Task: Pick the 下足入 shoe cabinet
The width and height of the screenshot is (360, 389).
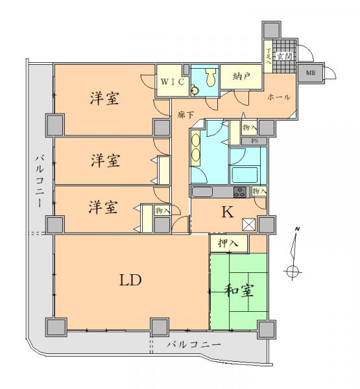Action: (x=269, y=55)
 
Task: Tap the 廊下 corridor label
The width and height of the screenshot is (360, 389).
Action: (x=185, y=114)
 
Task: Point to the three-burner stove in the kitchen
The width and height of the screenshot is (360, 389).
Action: (x=239, y=192)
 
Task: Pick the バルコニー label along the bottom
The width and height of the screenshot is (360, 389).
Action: (x=194, y=344)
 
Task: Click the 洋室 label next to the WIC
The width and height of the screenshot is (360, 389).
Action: (x=104, y=99)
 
